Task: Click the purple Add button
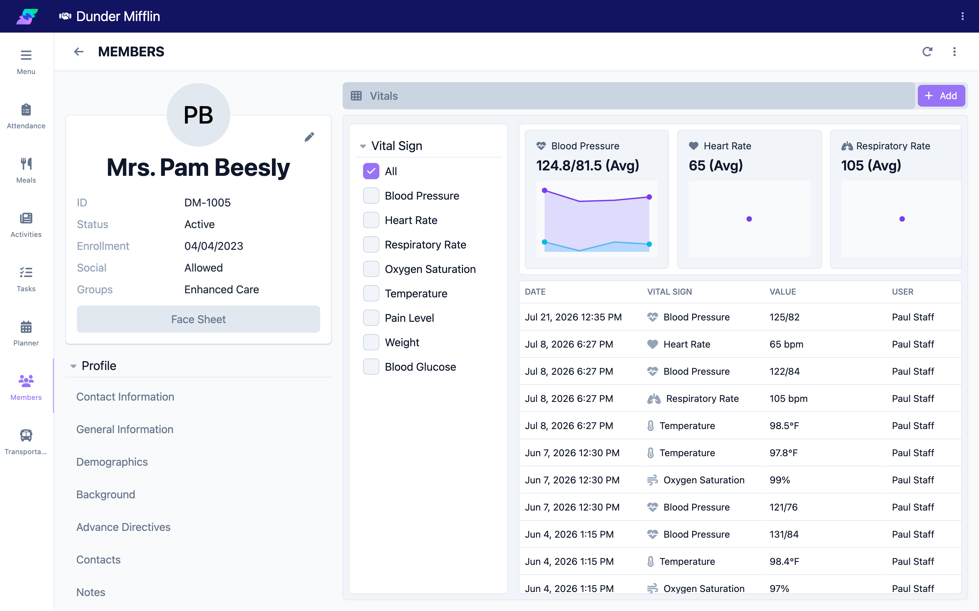941,96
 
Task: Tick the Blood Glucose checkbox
371,367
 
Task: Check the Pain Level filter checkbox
371,318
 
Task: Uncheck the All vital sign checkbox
371,171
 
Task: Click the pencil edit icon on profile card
309,137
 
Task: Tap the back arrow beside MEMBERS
79,52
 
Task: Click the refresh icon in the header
927,52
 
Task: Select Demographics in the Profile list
112,462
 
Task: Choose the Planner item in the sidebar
26,333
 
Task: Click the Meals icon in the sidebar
26,164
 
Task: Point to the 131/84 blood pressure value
784,534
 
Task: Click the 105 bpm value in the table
788,399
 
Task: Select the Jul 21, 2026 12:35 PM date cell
573,317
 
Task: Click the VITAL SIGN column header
670,292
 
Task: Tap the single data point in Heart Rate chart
749,219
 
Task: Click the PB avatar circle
198,115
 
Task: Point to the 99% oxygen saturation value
779,480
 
